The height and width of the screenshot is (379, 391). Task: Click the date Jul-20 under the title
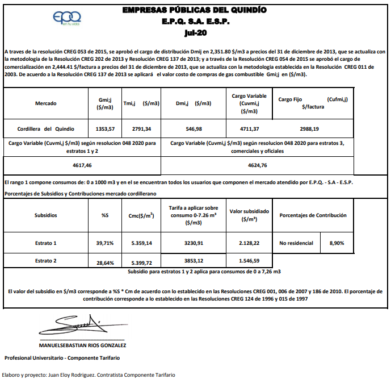point(195,32)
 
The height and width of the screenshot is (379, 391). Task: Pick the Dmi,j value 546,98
point(193,128)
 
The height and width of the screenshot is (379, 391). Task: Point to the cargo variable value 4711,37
point(250,128)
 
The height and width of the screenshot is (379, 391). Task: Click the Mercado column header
point(46,103)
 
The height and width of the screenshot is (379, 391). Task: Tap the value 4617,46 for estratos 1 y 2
point(82,165)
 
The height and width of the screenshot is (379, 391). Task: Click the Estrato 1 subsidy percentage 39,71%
point(105,243)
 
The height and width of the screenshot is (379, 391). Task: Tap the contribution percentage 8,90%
point(336,243)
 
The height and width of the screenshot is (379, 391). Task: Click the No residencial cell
point(296,243)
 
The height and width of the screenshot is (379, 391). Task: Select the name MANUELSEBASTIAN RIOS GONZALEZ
point(82,345)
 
